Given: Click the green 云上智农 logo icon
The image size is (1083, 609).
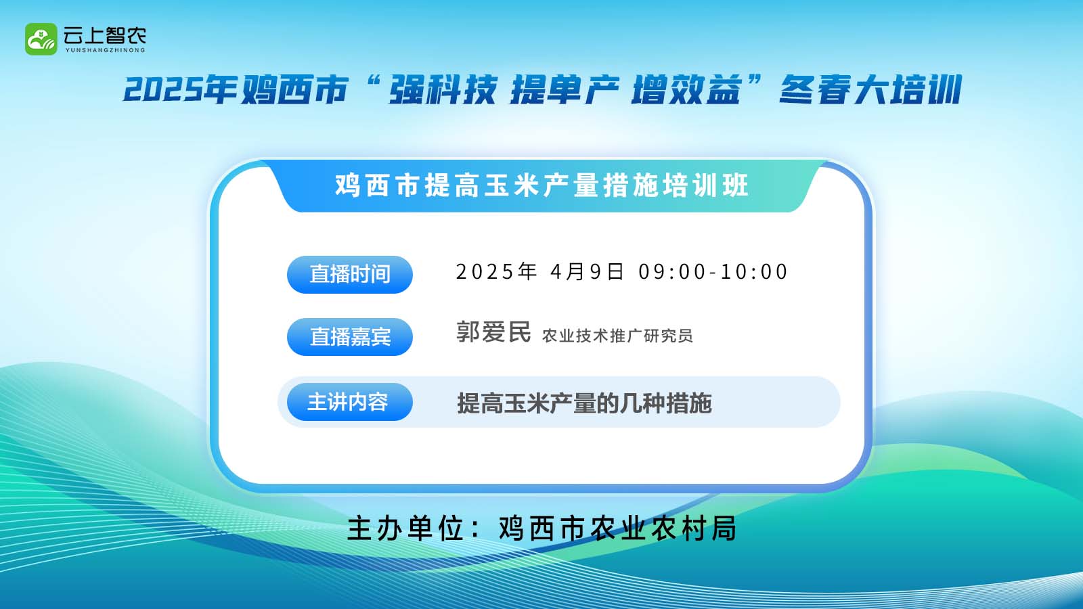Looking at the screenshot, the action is click(41, 39).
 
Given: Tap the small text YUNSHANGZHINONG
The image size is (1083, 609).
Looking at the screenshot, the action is click(105, 50).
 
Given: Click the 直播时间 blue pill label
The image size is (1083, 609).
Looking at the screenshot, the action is click(349, 274).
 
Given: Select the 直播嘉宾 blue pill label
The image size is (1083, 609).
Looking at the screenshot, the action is click(349, 336).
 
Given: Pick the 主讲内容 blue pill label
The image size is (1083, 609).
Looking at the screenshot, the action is click(349, 402).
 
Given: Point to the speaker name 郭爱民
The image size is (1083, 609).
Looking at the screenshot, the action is click(493, 332).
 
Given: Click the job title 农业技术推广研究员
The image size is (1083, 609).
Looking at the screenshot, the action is click(617, 336).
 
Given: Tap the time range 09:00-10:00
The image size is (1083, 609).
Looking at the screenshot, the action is click(713, 271).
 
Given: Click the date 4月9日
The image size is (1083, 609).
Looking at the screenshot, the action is click(587, 271).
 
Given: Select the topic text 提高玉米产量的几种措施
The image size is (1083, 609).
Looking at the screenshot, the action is click(585, 403).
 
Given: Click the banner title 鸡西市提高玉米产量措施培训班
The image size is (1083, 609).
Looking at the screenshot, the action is click(542, 185).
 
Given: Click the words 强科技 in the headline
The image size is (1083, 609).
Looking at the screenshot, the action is click(443, 89).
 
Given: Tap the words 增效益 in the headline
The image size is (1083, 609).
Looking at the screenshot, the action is click(686, 89).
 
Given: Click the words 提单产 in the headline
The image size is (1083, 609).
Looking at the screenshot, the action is click(565, 89).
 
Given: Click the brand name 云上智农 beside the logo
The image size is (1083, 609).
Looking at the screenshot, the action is click(104, 35).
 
